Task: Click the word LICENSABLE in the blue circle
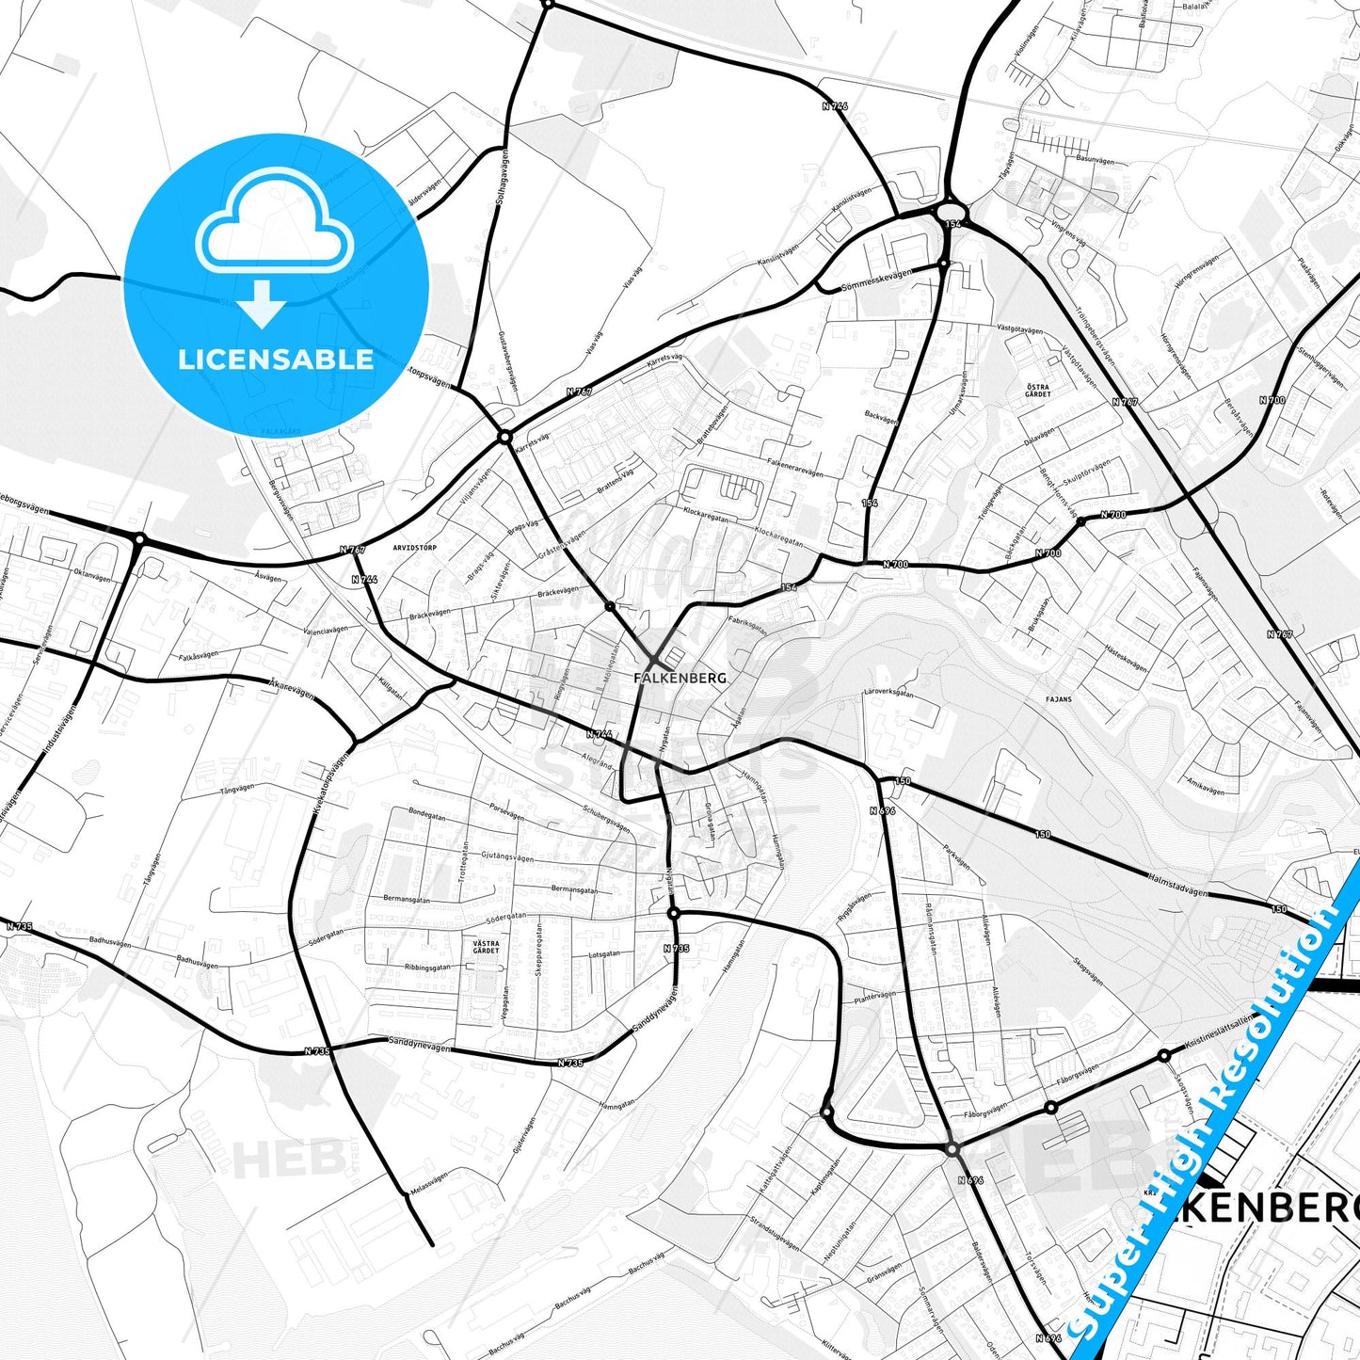click(x=276, y=360)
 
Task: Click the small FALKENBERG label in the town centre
click(x=680, y=678)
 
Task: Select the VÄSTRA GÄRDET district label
click(x=486, y=946)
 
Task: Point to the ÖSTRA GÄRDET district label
click(x=1038, y=391)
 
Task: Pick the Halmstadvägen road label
click(x=1177, y=885)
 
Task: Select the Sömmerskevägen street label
click(x=876, y=278)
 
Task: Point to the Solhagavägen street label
click(x=501, y=179)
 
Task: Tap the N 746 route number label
click(x=835, y=106)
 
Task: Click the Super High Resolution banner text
click(x=1214, y=1139)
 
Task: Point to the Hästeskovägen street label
click(x=1126, y=656)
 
